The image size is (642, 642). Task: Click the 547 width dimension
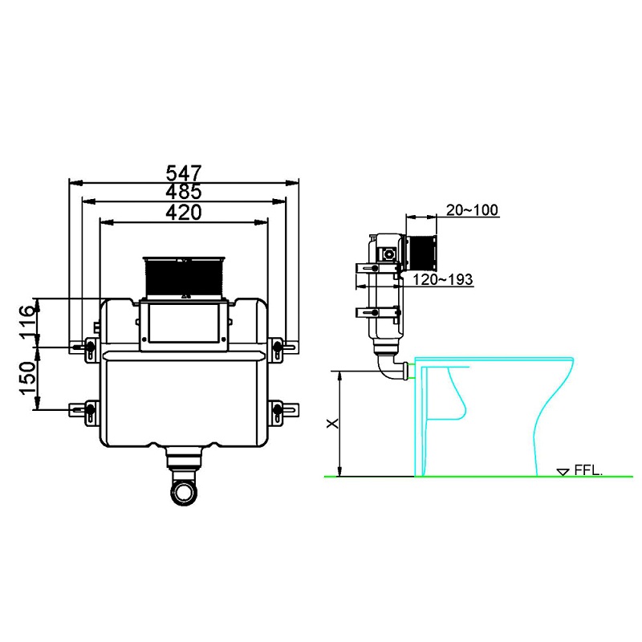click(184, 173)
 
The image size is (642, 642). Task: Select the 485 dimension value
click(184, 191)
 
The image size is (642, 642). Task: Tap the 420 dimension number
click(184, 212)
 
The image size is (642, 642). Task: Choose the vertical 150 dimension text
click(27, 377)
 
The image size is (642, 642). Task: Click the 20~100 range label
click(472, 210)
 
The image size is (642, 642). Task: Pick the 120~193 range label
click(443, 279)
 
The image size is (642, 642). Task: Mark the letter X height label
click(332, 423)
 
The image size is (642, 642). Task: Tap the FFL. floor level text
click(588, 469)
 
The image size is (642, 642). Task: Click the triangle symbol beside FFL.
click(563, 472)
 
